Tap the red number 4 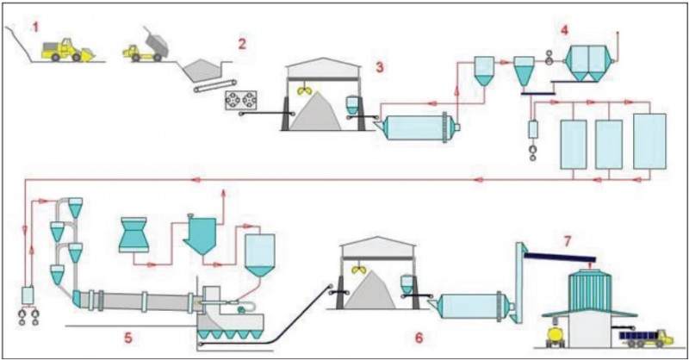click(x=564, y=30)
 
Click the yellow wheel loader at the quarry click(x=67, y=50)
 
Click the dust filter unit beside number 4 click(x=590, y=62)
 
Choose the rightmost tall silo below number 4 click(x=649, y=140)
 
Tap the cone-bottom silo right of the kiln click(x=258, y=254)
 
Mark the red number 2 click(x=242, y=44)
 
